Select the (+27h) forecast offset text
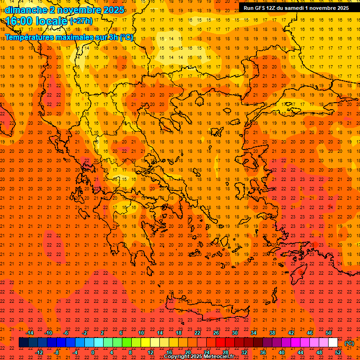[x=82, y=21]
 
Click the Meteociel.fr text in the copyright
[x=219, y=357]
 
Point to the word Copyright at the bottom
[x=178, y=357]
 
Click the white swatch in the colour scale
[x=333, y=343]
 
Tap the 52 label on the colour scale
[x=338, y=352]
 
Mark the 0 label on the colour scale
[x=93, y=352]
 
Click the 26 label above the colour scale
[x=216, y=333]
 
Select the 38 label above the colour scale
[x=272, y=333]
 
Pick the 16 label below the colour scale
[x=169, y=352]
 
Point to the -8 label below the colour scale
[x=56, y=352]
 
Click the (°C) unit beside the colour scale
[x=349, y=343]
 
